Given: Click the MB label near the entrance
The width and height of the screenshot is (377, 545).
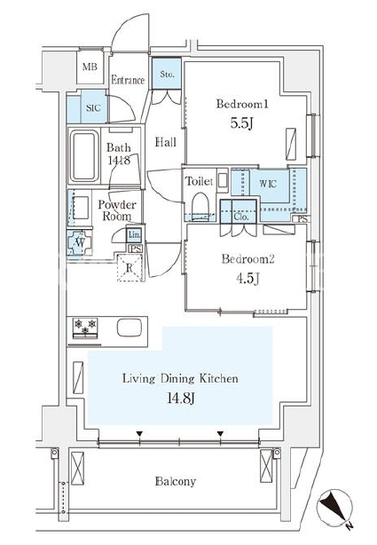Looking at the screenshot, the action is point(90,67).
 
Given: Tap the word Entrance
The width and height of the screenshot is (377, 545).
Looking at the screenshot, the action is point(128,80).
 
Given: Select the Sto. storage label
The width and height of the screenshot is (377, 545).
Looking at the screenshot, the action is point(167,74).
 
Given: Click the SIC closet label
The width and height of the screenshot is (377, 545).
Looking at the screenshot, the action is point(93,107).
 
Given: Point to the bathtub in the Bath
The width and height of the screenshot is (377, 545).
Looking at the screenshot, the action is point(83,156).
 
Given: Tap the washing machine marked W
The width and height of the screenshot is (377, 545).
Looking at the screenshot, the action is point(80,242).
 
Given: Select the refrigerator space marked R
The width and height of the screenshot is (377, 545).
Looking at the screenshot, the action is point(130,268).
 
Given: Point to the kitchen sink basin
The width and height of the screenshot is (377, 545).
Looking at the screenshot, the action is point(130,328).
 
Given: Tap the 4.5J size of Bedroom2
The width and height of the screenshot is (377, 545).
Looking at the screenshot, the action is point(248,278).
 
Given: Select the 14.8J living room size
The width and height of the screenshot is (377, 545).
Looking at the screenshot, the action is point(181,398).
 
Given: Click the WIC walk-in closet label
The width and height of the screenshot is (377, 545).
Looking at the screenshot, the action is point(268,183).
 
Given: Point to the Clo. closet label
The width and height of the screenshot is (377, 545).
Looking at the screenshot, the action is point(241,217).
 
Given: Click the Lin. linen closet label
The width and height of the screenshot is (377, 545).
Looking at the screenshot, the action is point(135,235).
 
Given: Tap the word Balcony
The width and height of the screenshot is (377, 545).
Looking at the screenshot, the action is point(176,481).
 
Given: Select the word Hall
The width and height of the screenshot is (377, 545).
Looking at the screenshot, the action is point(165,142).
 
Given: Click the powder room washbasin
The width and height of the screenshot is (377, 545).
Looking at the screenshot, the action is point(81,208).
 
